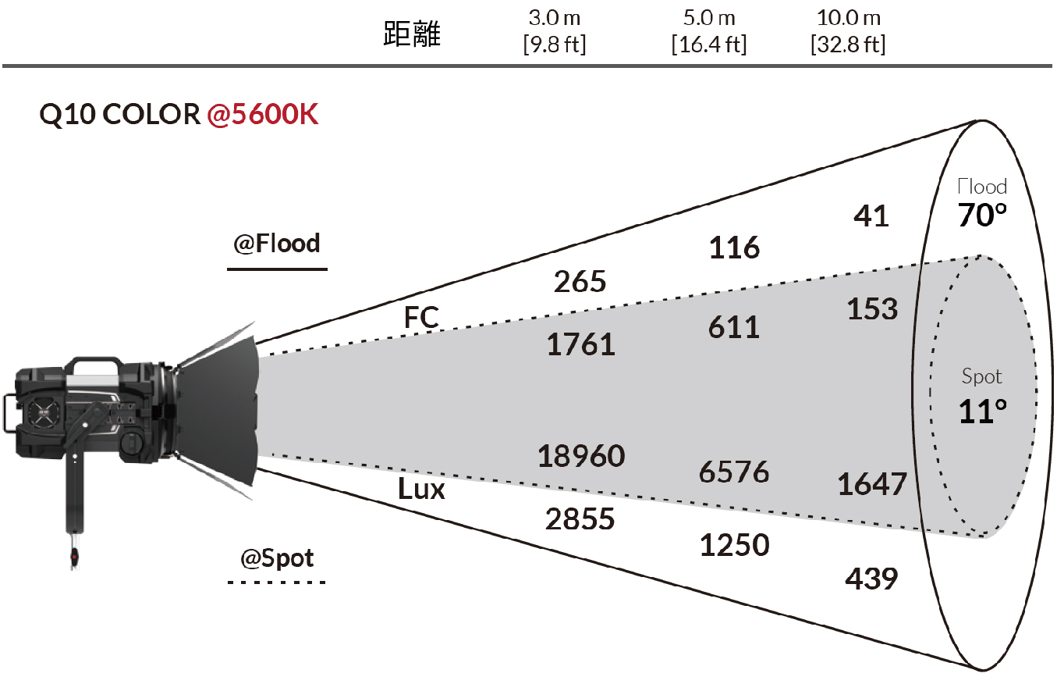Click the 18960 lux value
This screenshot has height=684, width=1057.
581,456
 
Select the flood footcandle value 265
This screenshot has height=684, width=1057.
580,282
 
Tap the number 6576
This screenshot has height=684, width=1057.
734,472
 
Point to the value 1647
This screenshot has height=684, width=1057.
871,484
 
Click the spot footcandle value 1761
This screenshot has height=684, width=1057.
580,344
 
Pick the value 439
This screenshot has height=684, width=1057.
871,579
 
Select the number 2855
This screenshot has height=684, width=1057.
580,519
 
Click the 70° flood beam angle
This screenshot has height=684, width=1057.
982,215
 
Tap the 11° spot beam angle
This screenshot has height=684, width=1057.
982,411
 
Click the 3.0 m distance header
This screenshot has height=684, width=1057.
554,19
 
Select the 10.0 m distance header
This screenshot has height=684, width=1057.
849,19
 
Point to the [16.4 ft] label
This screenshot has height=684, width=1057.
709,45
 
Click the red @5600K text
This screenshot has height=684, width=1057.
262,114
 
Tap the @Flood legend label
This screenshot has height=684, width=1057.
276,244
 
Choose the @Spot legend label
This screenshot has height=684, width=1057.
276,558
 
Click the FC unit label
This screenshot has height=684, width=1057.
421,317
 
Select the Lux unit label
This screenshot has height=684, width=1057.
421,489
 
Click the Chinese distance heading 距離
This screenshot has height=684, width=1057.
412,34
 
